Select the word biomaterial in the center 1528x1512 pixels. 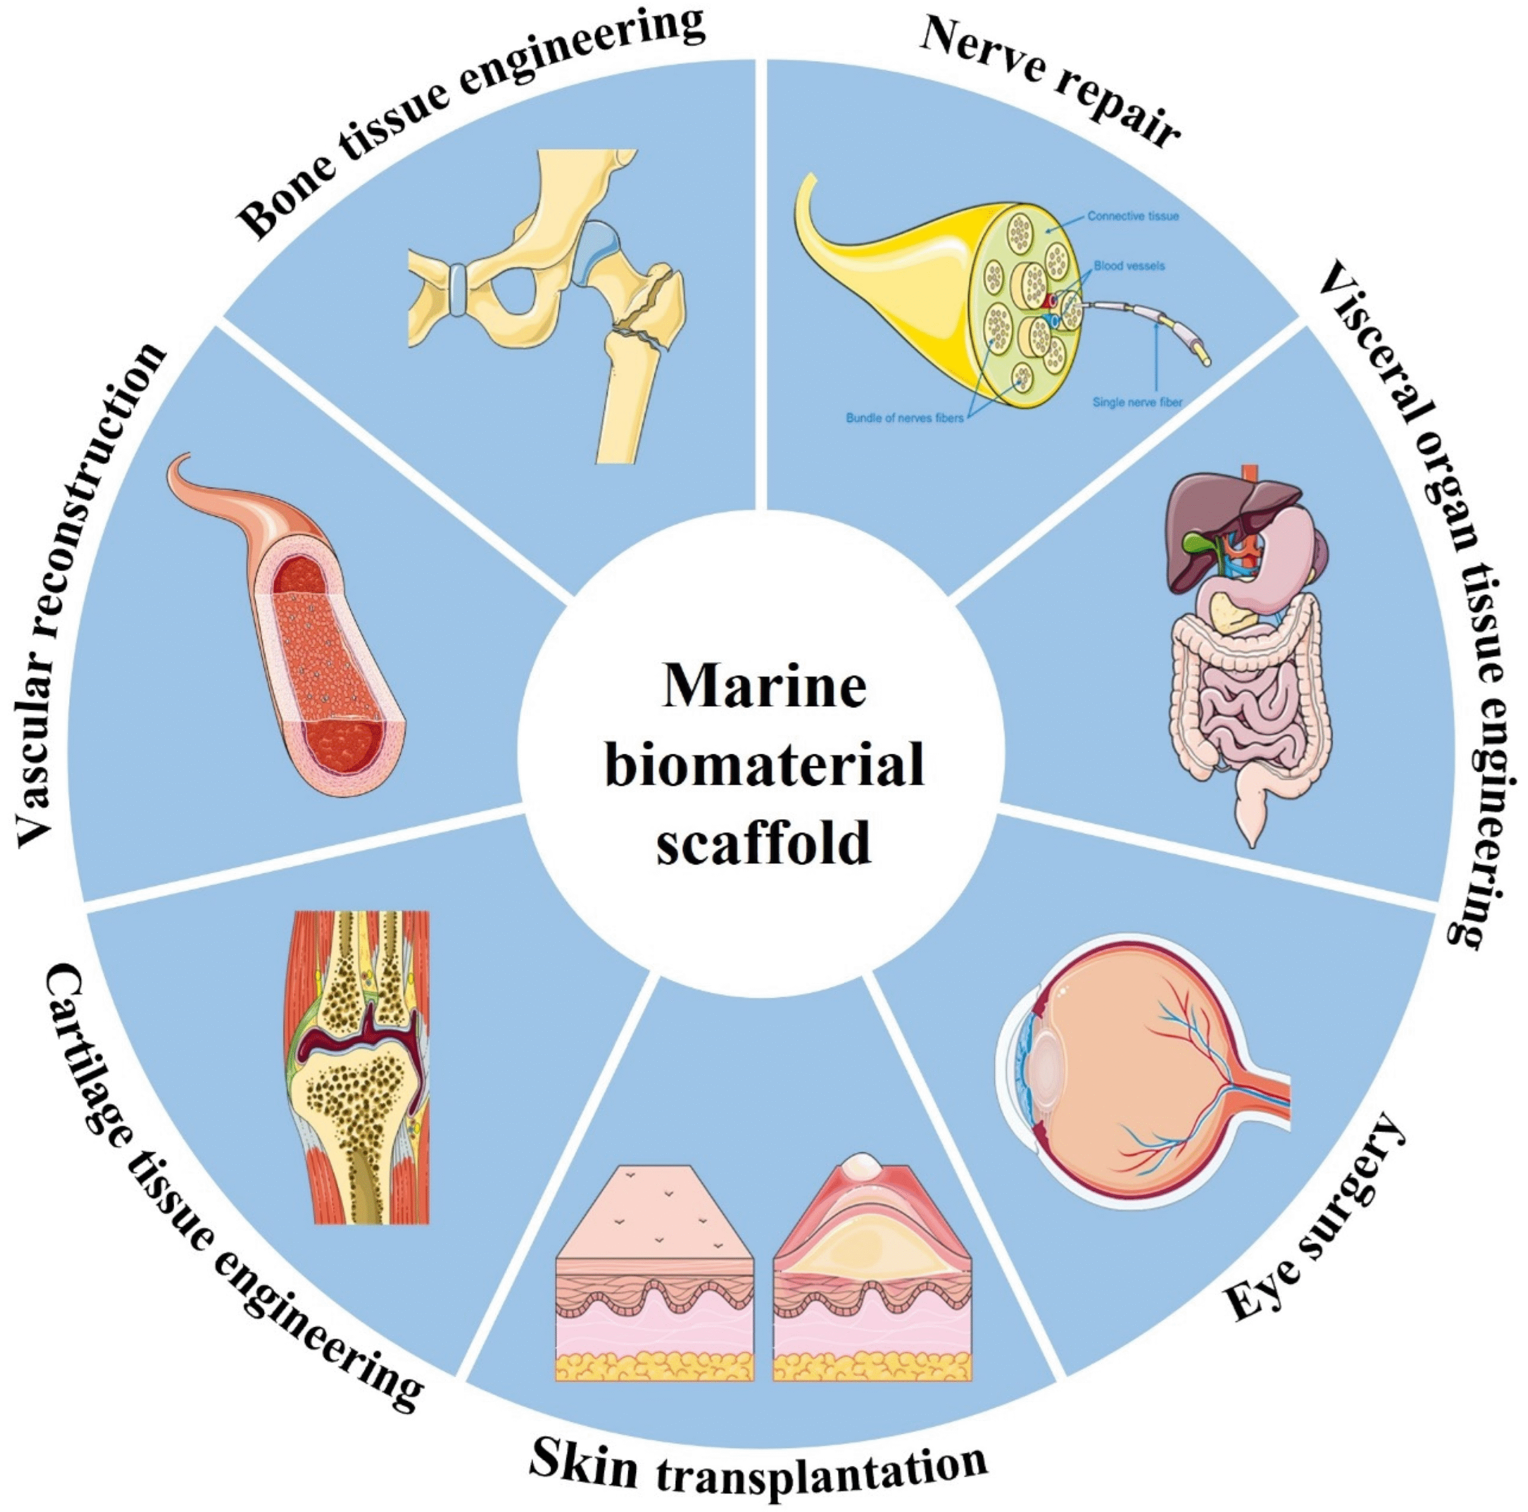click(764, 765)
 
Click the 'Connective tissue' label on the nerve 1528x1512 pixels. click(1132, 216)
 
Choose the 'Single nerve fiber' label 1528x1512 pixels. click(1137, 402)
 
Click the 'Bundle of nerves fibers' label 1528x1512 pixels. click(905, 418)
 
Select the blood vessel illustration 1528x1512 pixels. click(316, 633)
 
